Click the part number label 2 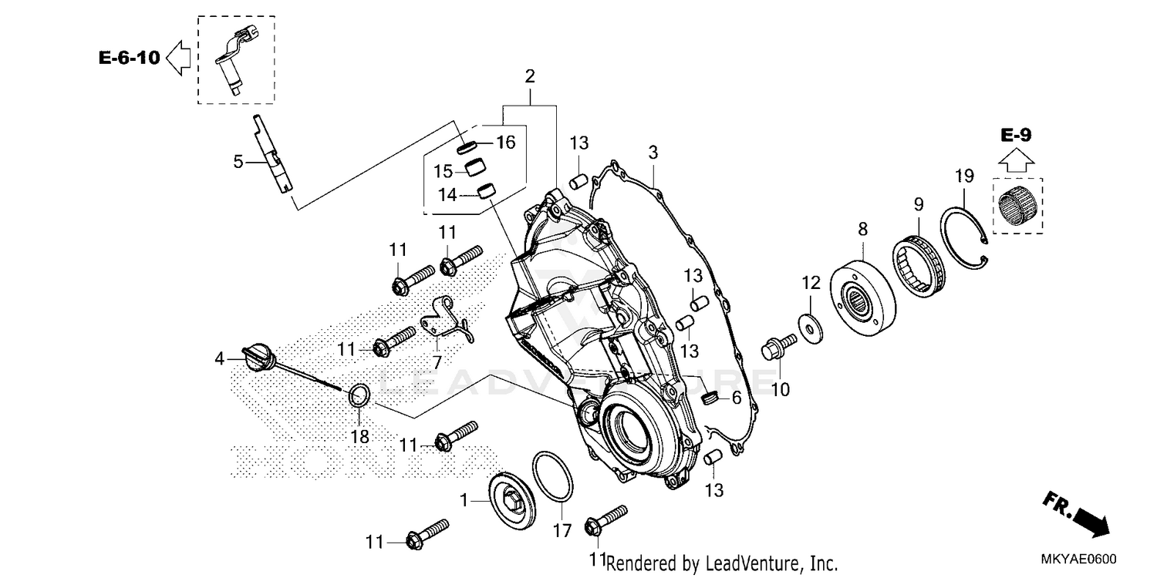530,76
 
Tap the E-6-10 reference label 129,57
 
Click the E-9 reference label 1016,136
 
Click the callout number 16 505,143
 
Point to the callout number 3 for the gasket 653,153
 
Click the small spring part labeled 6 711,398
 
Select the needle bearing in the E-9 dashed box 1017,205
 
